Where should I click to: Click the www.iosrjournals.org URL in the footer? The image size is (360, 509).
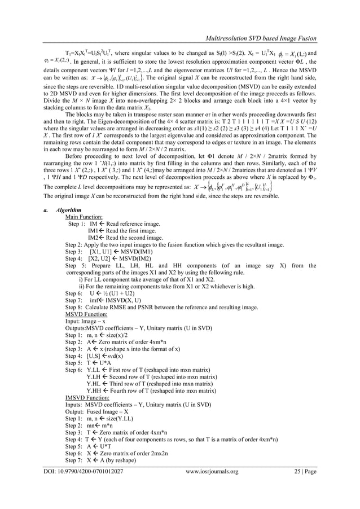[212, 486]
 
